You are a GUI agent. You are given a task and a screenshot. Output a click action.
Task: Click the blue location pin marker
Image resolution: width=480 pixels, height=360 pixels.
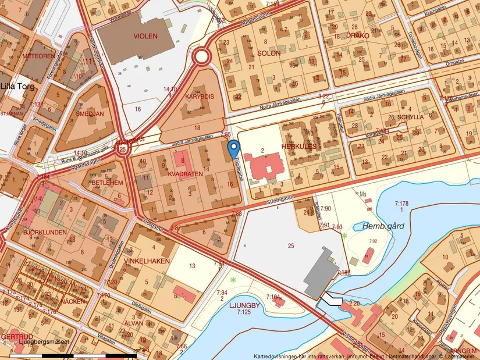[x=233, y=149]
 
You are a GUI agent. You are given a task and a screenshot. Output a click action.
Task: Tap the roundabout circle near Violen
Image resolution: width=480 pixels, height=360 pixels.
[x=202, y=57]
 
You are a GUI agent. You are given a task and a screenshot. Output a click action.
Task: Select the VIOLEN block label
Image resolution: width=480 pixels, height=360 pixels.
[x=145, y=36]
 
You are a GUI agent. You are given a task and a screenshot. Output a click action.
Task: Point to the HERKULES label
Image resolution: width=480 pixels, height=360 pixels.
[x=299, y=147]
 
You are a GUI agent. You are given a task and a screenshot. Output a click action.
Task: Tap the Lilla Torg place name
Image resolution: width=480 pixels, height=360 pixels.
[x=17, y=87]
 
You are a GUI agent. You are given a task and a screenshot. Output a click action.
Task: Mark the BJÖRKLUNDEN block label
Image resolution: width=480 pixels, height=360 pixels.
[x=46, y=232]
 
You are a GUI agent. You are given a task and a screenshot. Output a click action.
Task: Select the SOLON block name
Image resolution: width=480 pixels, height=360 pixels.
[x=268, y=53]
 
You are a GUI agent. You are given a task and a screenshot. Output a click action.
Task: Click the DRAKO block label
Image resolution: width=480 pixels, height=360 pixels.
[x=358, y=35]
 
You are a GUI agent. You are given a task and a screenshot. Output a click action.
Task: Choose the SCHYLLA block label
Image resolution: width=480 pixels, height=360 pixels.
[x=410, y=116]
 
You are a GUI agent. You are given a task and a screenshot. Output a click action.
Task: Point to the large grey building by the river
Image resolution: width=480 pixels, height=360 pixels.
[x=322, y=272]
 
